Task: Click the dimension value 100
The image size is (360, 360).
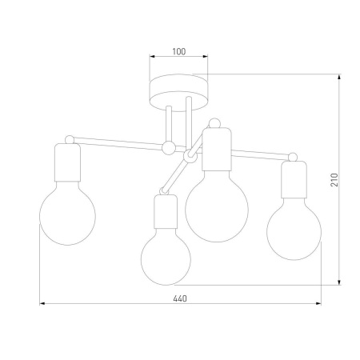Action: point(178,51)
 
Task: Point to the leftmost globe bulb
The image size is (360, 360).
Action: point(67,216)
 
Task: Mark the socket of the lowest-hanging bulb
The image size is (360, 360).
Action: point(166,214)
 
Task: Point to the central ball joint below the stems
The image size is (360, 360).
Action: point(168,147)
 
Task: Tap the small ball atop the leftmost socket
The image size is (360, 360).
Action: point(69,139)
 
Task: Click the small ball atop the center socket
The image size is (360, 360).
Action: point(214,122)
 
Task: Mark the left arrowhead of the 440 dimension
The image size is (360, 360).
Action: point(43,305)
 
